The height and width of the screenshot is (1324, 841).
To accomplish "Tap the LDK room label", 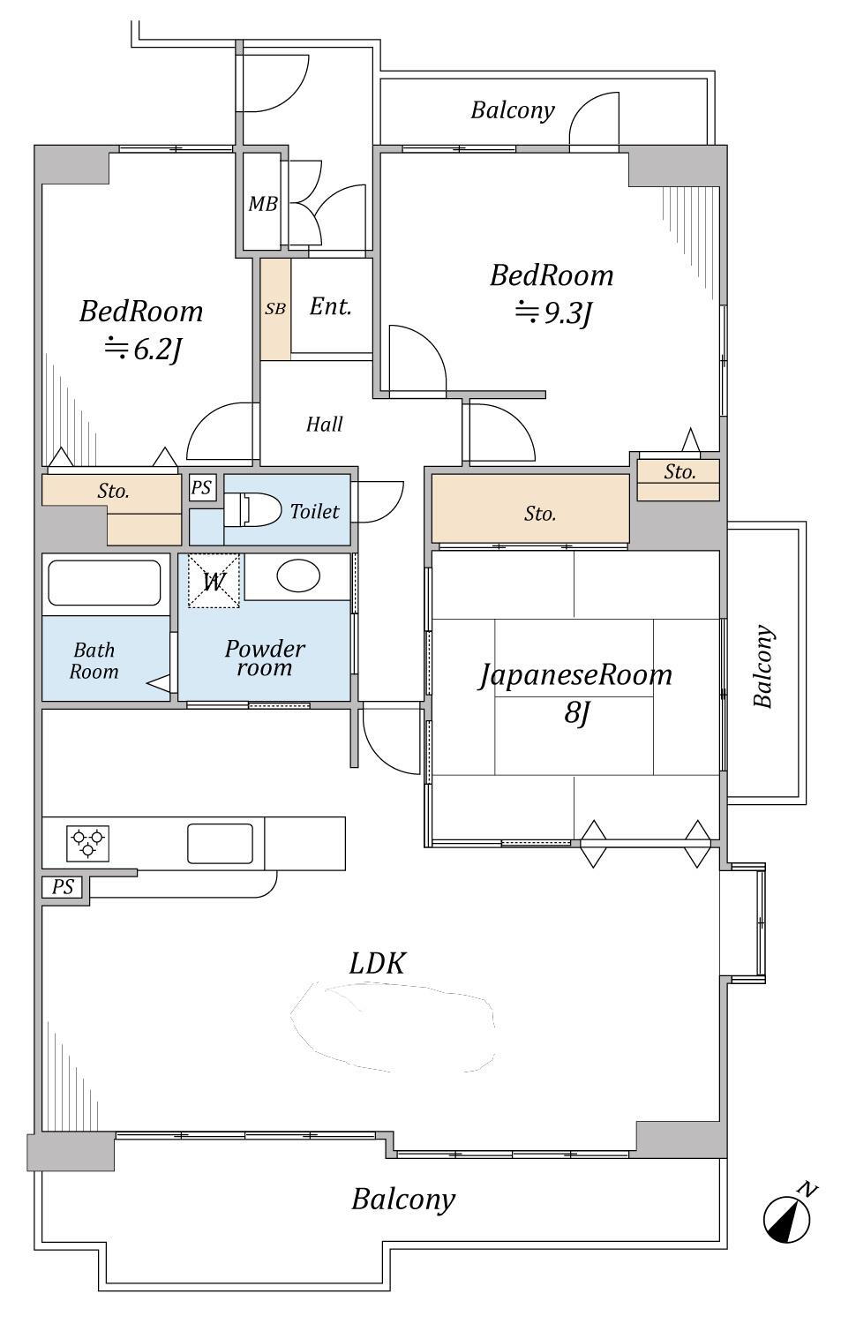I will click(377, 963).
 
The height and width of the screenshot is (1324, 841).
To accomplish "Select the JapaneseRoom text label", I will click(574, 675).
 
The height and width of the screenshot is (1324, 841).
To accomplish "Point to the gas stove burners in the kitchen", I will click(87, 843).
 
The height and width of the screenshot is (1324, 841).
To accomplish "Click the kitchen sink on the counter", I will click(220, 843).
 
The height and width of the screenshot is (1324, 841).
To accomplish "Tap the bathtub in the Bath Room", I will click(104, 583).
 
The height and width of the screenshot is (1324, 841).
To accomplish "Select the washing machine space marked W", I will click(213, 581).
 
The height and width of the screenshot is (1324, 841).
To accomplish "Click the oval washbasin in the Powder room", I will click(298, 576).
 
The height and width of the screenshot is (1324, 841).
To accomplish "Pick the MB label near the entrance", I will click(262, 205).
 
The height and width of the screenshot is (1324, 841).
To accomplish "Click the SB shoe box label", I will click(275, 309).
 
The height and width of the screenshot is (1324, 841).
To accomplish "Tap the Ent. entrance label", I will click(331, 307).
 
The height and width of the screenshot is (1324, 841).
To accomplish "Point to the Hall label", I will click(324, 425).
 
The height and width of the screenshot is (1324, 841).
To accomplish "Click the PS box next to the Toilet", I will click(202, 487).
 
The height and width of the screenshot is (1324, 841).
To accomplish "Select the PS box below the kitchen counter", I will click(63, 887).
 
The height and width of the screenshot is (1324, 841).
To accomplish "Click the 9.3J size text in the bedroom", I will click(554, 313).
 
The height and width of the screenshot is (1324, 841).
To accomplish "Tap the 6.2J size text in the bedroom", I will click(143, 350).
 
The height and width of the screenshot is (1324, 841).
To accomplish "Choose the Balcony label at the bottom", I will click(403, 1200).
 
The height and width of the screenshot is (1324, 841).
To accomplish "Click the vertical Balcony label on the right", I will click(763, 666).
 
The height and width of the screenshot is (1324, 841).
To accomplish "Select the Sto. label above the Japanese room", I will click(539, 514).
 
